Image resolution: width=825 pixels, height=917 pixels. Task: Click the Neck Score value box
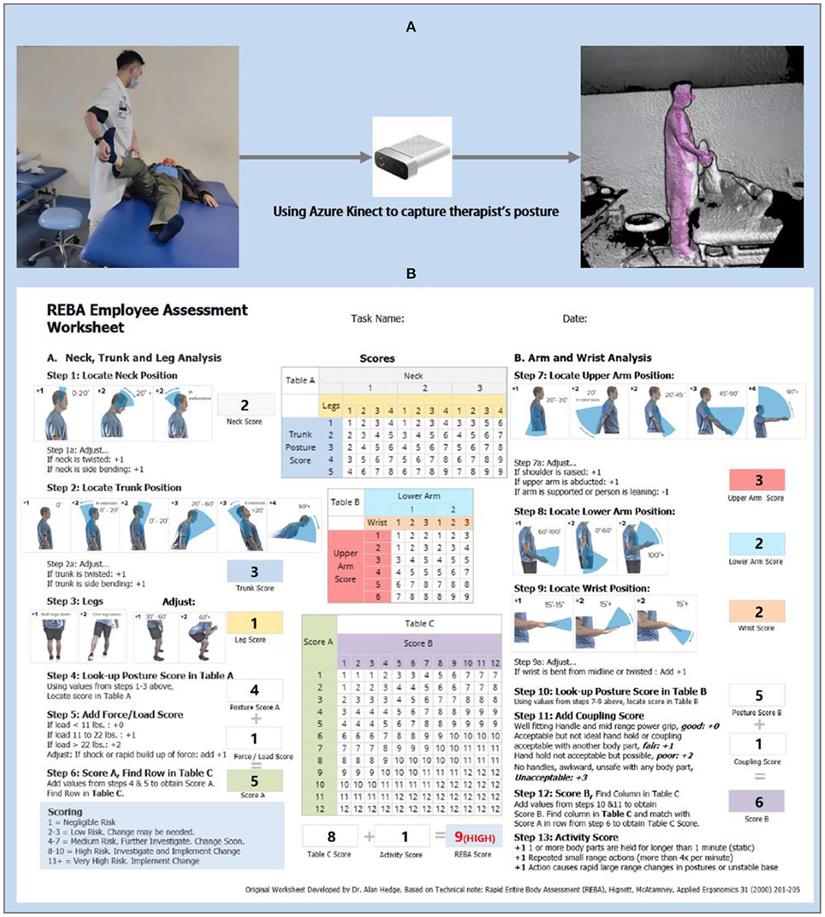point(245,406)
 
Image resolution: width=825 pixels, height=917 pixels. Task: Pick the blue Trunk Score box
point(254,571)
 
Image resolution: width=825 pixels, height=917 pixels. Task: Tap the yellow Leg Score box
point(254,623)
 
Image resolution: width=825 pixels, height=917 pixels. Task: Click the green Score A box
point(254,781)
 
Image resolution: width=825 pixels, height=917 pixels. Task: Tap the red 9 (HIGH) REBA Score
point(474,837)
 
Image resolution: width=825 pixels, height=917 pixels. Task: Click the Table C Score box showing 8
point(331,837)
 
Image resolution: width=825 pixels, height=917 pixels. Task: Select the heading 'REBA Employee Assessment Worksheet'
point(147,318)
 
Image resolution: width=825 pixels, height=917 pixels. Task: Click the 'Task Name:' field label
point(377,318)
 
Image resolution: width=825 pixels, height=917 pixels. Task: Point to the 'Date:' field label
point(575,318)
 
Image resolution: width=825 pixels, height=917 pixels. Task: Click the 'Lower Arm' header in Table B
point(419,496)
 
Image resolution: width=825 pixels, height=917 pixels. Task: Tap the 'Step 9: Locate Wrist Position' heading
point(582,588)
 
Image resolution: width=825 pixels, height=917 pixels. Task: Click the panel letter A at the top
point(411,27)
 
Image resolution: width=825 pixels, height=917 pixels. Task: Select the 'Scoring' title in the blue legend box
point(65,812)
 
